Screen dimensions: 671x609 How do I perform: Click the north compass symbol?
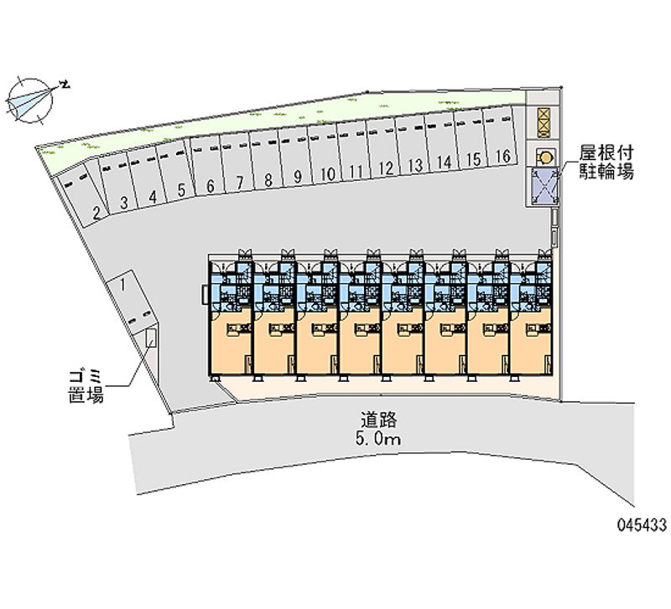tap(31, 101)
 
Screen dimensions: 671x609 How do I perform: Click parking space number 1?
tap(132, 304)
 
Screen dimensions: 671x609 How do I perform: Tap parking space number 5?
tap(175, 173)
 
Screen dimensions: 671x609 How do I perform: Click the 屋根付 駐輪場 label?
tap(606, 162)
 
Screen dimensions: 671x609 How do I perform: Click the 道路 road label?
tap(379, 420)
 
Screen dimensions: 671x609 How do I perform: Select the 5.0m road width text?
tap(378, 438)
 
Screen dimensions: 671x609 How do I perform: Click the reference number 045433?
tap(642, 524)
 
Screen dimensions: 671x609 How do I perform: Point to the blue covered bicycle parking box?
tap(544, 184)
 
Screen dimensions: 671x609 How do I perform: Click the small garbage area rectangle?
tap(151, 338)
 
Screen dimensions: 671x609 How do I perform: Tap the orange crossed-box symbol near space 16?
tap(544, 121)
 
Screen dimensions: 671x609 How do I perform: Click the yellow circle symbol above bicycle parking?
tap(546, 157)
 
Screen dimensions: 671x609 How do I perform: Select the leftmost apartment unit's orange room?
tap(229, 342)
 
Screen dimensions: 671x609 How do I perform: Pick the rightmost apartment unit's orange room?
tap(531, 342)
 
